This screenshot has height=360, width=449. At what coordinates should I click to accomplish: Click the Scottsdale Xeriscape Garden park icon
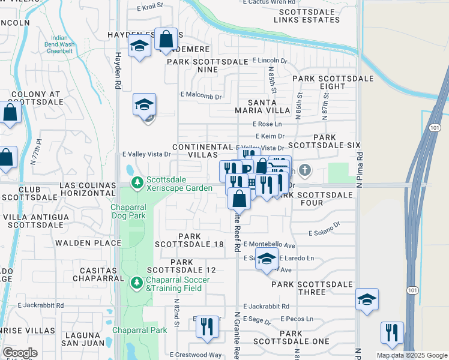click(x=137, y=181)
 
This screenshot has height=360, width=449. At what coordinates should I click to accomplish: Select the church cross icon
click(x=305, y=170)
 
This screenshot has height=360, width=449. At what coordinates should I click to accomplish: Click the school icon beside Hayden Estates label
click(x=139, y=46)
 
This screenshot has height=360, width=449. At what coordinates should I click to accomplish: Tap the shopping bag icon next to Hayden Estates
click(x=166, y=40)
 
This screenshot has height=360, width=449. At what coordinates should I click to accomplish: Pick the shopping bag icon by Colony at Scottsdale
click(x=10, y=112)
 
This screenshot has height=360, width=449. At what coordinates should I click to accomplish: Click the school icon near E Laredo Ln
click(x=267, y=259)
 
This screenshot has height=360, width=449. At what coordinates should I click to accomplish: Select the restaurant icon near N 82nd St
click(x=207, y=327)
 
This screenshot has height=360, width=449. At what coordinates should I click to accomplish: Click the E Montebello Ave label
click(x=270, y=245)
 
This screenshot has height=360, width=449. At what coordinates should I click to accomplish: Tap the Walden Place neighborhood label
click(x=88, y=243)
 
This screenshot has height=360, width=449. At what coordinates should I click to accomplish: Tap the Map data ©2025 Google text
click(x=411, y=355)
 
